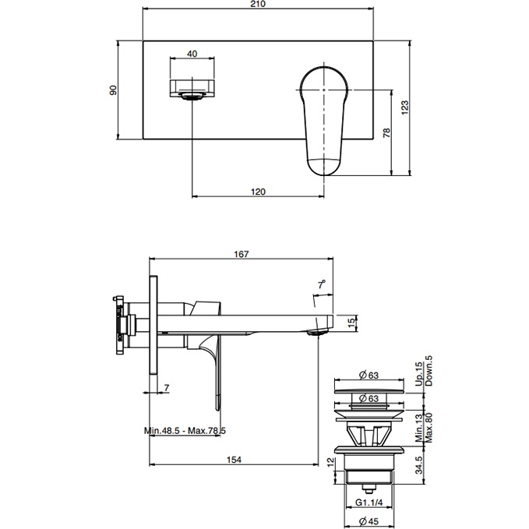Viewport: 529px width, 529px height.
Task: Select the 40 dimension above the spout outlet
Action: [x=192, y=55]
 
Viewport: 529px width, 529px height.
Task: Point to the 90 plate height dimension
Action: [x=114, y=90]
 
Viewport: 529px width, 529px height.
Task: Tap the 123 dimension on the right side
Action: [x=404, y=108]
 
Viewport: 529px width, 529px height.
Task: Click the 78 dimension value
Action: [x=387, y=133]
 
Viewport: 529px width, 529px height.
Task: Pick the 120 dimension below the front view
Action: [x=259, y=191]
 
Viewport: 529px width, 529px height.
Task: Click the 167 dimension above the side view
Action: [x=241, y=253]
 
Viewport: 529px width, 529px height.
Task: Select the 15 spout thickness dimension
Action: [x=351, y=320]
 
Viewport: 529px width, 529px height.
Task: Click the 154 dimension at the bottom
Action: [x=233, y=460]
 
